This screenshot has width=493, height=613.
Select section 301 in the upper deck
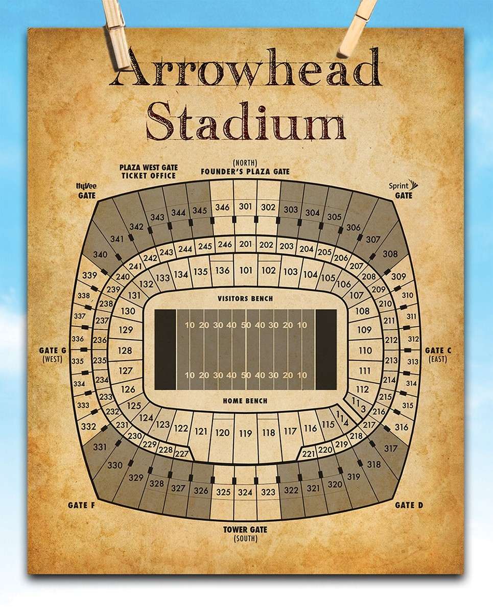(x=246, y=207)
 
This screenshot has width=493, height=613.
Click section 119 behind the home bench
(x=246, y=434)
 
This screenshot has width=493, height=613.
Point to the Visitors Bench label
(x=245, y=298)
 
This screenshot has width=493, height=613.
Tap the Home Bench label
(x=245, y=401)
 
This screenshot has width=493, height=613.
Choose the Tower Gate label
(x=245, y=530)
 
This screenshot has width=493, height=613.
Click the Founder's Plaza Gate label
(x=245, y=172)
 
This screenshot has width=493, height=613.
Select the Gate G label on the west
(x=53, y=350)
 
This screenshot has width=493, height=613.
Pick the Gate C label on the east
(x=438, y=350)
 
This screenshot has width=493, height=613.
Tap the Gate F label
(x=81, y=505)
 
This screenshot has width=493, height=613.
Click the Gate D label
(x=409, y=505)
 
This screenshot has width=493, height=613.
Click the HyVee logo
(x=84, y=187)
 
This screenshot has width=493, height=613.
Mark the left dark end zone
(x=165, y=349)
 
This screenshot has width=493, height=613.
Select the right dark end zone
(x=326, y=349)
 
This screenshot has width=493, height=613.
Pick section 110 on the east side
(x=365, y=350)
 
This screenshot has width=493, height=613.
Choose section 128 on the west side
(x=125, y=350)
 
